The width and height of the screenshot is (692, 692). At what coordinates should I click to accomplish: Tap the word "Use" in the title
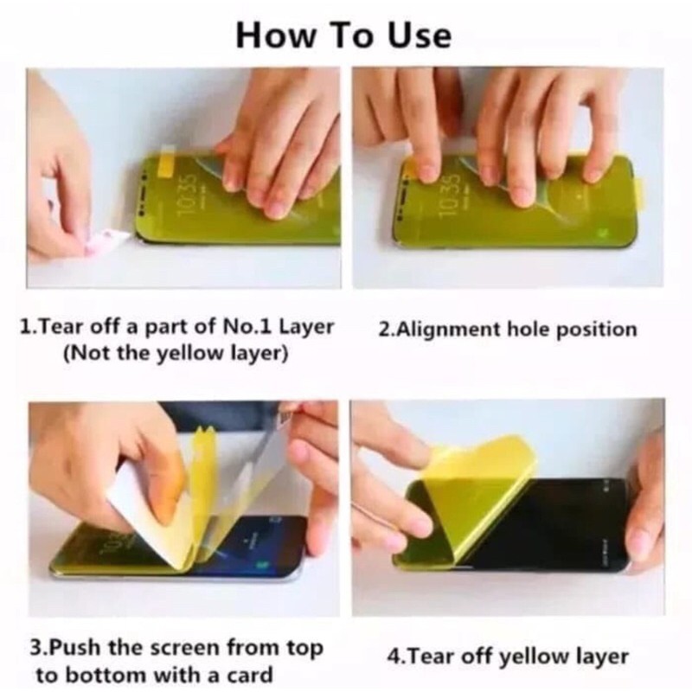[x=420, y=35]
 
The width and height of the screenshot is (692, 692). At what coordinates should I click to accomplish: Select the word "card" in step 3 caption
[x=250, y=676]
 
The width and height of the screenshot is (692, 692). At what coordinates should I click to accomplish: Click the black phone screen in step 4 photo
[x=552, y=523]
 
